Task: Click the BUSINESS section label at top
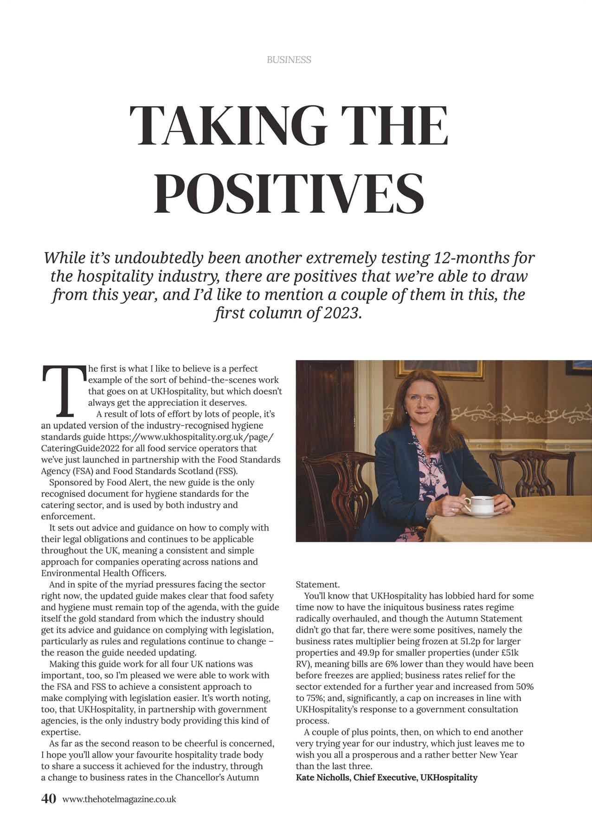pyautogui.click(x=289, y=60)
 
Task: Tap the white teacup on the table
pyautogui.click(x=477, y=504)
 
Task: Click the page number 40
pyautogui.click(x=49, y=798)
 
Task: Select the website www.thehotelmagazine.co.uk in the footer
pyautogui.click(x=119, y=799)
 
